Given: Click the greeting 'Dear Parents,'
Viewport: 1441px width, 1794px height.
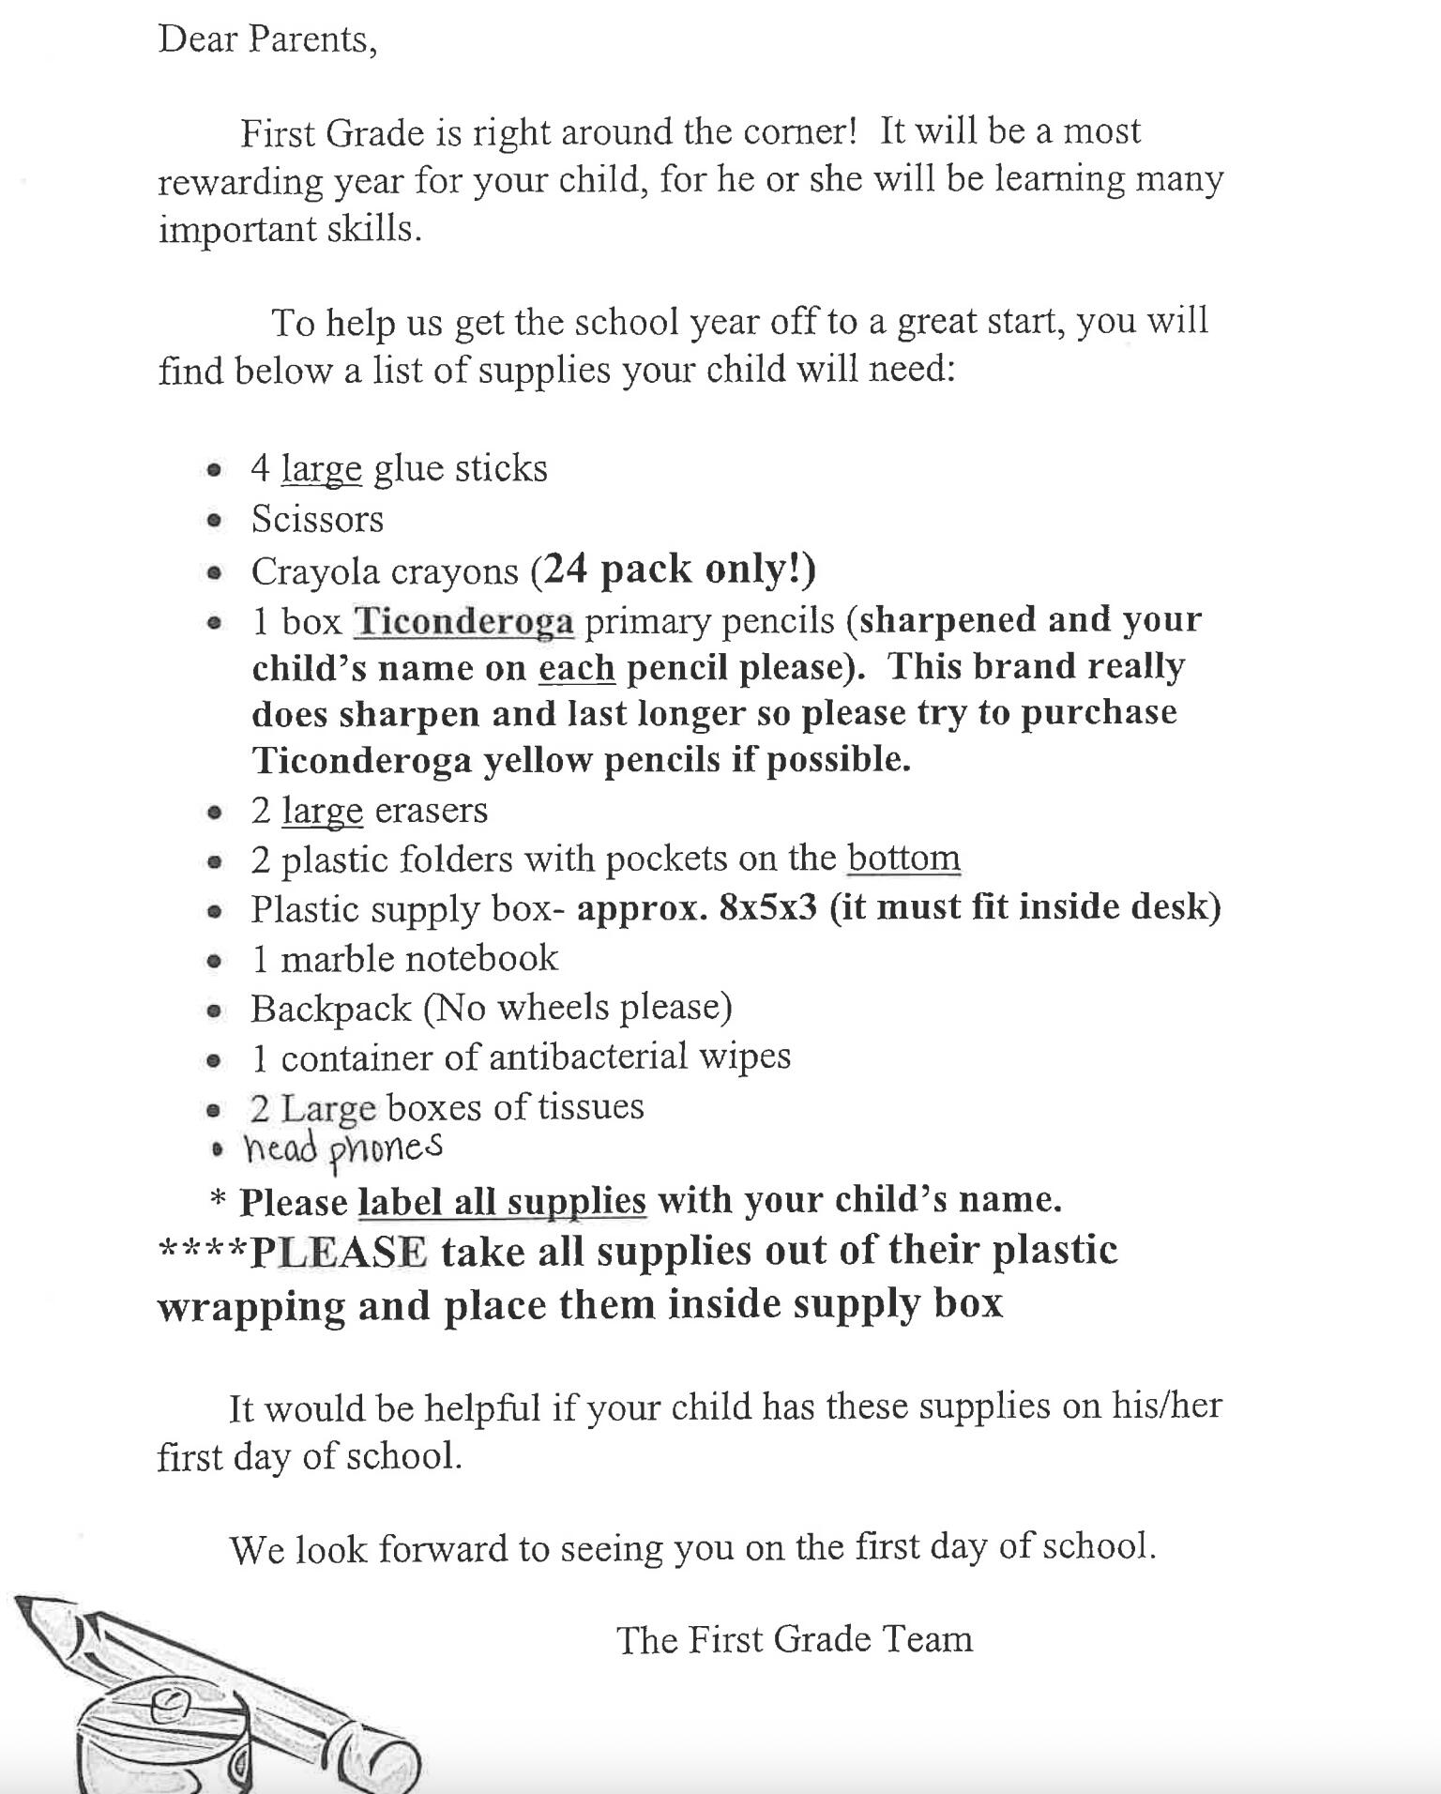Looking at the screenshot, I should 267,40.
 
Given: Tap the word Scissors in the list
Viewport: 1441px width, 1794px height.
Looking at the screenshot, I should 317,519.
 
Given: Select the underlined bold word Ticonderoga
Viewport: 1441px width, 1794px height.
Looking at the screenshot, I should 463,621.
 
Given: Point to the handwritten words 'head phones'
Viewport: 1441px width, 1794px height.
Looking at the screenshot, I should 342,1148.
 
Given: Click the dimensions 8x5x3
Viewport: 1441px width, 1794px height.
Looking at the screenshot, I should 768,907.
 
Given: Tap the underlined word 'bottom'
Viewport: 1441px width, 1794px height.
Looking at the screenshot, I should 903,858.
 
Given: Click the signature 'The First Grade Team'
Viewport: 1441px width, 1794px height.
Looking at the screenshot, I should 795,1639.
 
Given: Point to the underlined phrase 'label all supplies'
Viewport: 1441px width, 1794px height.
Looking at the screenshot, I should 502,1201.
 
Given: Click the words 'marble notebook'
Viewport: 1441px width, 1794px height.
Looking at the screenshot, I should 418,958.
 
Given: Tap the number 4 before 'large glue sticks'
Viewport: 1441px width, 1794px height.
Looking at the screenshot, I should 260,468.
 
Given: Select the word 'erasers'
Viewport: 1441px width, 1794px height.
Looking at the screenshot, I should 431,810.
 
